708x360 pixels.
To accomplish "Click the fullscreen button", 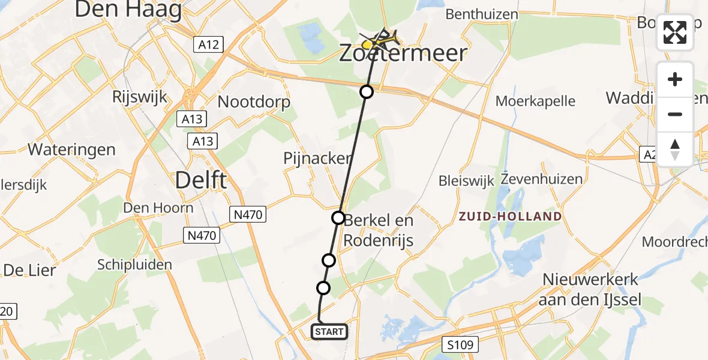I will click(x=675, y=32).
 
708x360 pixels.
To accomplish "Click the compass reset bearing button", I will click(x=675, y=149).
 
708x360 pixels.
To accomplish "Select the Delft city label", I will click(x=201, y=179).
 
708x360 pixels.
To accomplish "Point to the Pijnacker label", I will click(x=317, y=158).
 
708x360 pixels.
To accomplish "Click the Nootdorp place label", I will click(x=254, y=101).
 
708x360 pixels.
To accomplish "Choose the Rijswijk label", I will click(x=139, y=97).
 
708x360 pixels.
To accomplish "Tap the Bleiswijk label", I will click(x=466, y=180).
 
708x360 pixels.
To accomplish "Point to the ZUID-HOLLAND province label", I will click(x=511, y=216).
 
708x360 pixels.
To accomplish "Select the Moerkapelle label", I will click(x=536, y=101).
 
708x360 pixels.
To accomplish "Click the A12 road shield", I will click(x=208, y=44).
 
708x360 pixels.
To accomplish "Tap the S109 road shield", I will click(x=461, y=344).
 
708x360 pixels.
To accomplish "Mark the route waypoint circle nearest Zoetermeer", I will click(x=366, y=92).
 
